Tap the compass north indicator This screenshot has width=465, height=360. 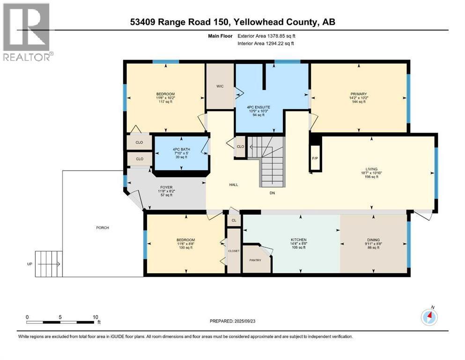[429, 317]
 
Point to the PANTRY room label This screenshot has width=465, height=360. [255, 260]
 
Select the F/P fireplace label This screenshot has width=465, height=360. [315, 158]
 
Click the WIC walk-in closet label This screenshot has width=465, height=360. [220, 86]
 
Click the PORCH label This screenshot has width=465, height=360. [103, 228]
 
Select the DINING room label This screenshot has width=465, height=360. [374, 240]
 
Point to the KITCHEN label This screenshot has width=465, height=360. [298, 240]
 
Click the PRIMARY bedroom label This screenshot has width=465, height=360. [358, 94]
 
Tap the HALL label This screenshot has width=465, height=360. [234, 185]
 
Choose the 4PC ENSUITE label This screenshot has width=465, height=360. [259, 106]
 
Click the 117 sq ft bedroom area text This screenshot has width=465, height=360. [165, 102]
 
